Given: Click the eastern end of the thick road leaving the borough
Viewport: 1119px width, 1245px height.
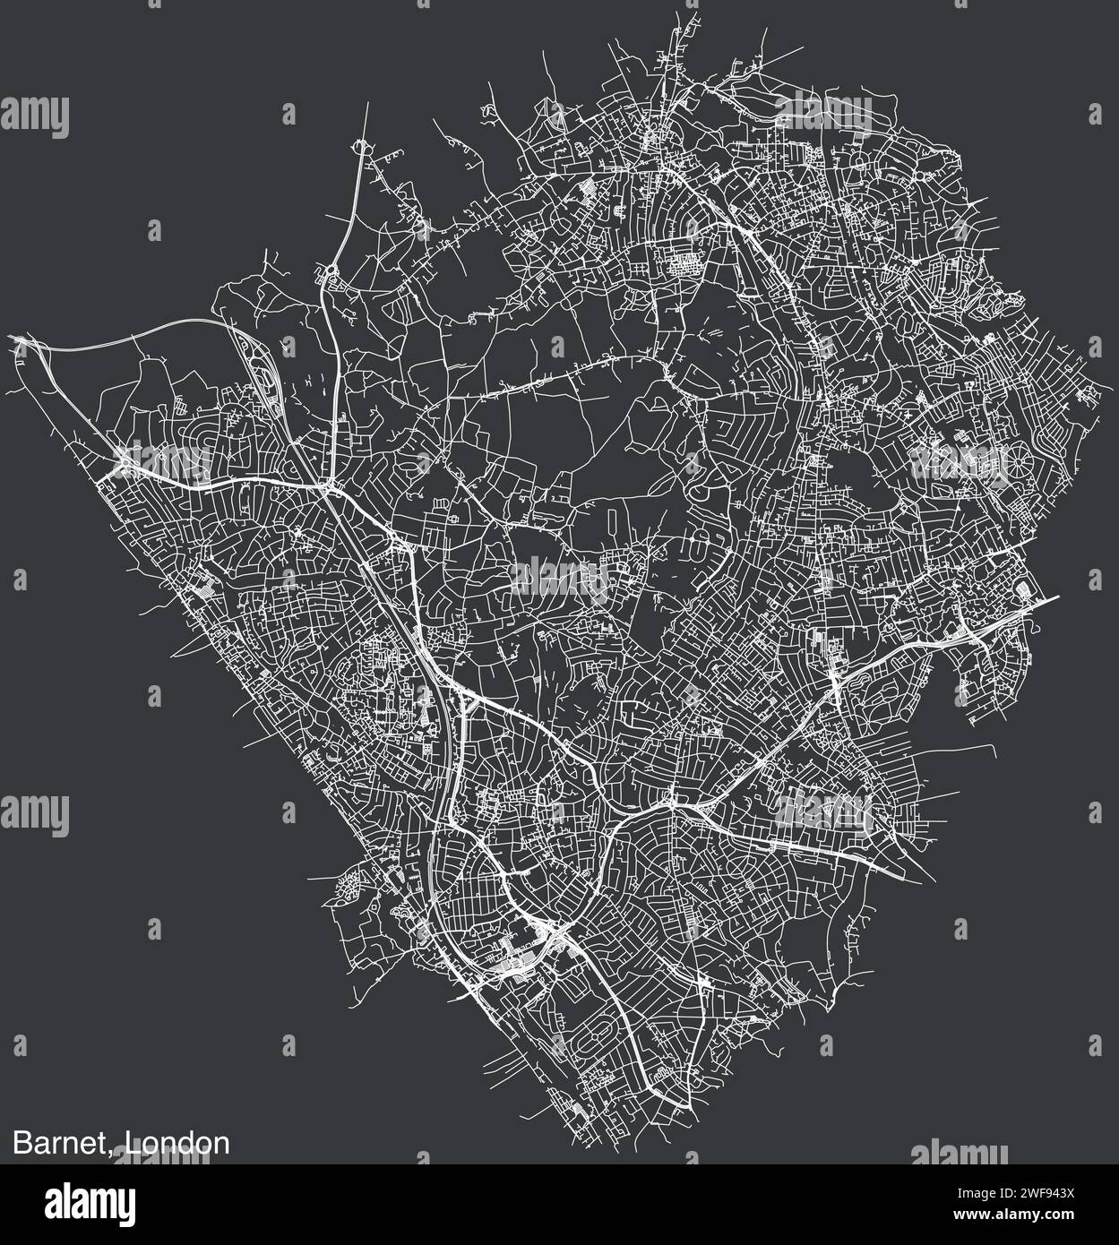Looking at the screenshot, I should coord(1057,597).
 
